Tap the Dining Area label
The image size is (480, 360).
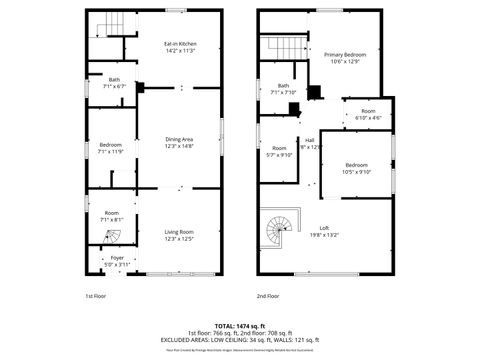pyautogui.click(x=179, y=142)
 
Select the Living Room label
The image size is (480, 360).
pyautogui.click(x=179, y=235)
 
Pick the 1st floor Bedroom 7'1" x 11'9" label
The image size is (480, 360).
pyautogui.click(x=110, y=148)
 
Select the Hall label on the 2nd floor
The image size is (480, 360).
pyautogui.click(x=311, y=142)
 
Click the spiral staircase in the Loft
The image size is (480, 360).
pyautogui.click(x=280, y=232)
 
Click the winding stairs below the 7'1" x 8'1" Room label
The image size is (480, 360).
pyautogui.click(x=112, y=237)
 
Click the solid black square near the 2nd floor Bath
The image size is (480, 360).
pyautogui.click(x=314, y=93)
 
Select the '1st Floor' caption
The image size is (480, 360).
pyautogui.click(x=95, y=296)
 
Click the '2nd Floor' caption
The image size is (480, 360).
pyautogui.click(x=268, y=296)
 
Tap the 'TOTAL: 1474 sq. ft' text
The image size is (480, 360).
pyautogui.click(x=240, y=325)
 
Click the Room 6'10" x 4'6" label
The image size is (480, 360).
pyautogui.click(x=368, y=114)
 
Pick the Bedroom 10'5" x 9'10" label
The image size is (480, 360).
pyautogui.click(x=357, y=167)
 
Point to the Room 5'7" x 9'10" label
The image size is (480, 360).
pyautogui.click(x=279, y=151)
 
